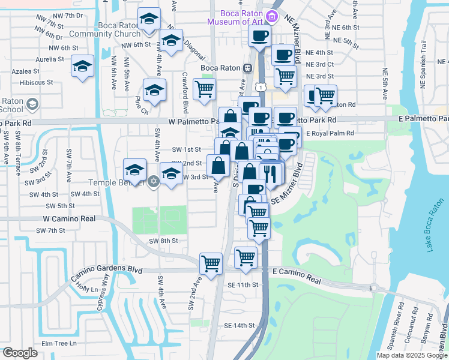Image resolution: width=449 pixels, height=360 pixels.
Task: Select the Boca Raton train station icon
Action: [247, 68]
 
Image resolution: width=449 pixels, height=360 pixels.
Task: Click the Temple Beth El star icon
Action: [154, 181]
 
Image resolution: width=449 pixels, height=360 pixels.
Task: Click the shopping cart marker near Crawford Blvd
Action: [205, 89]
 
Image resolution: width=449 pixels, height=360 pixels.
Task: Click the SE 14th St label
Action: [240, 325]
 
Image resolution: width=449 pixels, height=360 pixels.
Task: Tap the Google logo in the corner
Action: [20, 352]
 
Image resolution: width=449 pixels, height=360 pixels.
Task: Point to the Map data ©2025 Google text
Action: [412, 355]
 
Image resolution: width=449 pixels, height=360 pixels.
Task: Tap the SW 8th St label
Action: [164, 241]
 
